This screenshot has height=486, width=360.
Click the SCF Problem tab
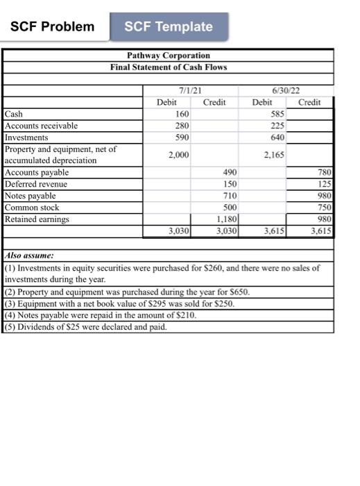click(x=53, y=27)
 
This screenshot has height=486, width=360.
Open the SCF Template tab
click(x=169, y=27)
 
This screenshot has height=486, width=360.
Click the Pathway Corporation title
click(x=169, y=55)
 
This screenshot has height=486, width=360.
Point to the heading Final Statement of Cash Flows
click(x=169, y=67)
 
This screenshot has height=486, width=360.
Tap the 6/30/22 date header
click(x=285, y=90)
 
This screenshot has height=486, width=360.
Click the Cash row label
click(x=13, y=114)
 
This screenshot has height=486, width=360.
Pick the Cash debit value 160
click(x=182, y=114)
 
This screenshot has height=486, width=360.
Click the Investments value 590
click(x=182, y=137)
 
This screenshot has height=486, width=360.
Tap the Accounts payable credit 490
click(x=230, y=172)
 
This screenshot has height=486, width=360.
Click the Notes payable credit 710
click(x=230, y=196)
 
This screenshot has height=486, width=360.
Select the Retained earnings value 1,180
click(x=228, y=219)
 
